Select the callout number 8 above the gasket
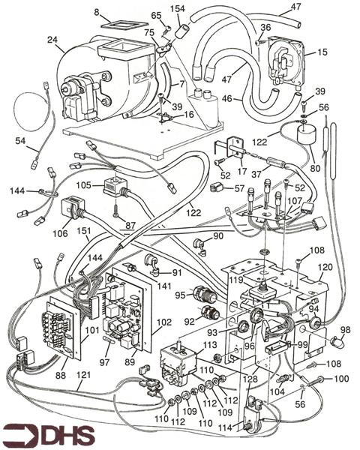tap(97, 11)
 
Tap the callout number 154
tap(178, 8)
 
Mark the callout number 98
tap(346, 330)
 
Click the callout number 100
tap(341, 378)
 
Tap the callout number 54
tap(19, 142)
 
